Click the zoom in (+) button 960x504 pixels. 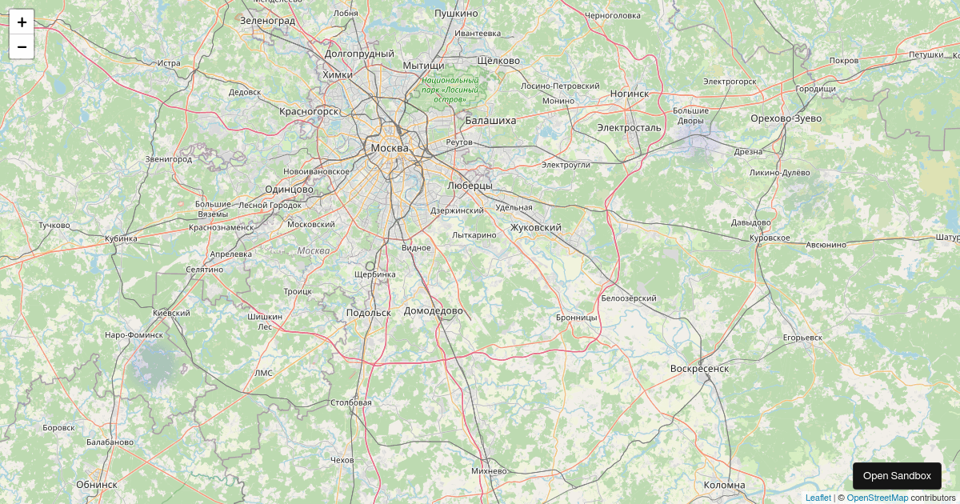tap(22, 22)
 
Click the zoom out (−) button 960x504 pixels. tap(22, 47)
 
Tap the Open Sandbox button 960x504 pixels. tap(897, 476)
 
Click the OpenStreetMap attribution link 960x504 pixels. tap(877, 498)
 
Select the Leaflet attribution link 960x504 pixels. tap(818, 498)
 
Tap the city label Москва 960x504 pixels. tap(390, 148)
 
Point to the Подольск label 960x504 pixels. tap(369, 313)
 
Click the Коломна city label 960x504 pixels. tap(724, 485)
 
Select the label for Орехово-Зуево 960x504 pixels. tap(786, 118)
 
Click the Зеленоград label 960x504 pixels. tap(267, 20)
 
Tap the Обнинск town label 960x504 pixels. tap(97, 484)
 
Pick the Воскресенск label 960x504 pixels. tap(699, 368)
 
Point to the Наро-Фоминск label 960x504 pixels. tap(134, 334)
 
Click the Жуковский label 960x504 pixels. tap(535, 227)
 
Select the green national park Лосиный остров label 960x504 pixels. tap(450, 90)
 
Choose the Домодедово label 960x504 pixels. tap(434, 310)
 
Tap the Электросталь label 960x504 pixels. tap(629, 127)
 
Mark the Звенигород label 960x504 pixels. tap(168, 159)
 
